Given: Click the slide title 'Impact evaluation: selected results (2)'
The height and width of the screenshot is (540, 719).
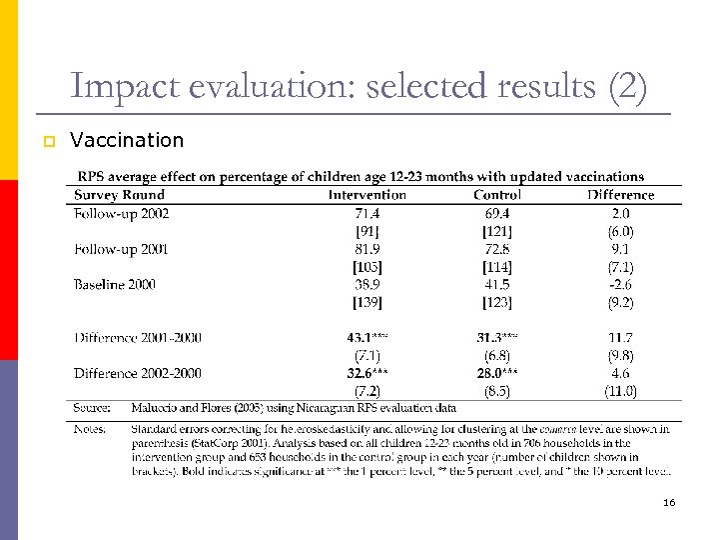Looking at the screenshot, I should click(359, 87).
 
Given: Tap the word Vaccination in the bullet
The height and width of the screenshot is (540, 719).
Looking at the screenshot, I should click(127, 140).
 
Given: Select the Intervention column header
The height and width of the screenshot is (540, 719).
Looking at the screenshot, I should click(367, 195).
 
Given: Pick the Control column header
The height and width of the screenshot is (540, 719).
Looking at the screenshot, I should click(496, 195).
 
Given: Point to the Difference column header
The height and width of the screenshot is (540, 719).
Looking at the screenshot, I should click(620, 195).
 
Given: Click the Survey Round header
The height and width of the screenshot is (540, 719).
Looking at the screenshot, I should click(119, 195).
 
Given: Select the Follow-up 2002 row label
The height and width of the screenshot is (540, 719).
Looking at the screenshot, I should click(121, 213).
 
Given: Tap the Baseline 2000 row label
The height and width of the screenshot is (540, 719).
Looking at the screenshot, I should click(114, 285).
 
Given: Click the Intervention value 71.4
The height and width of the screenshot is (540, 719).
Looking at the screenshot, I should click(367, 213).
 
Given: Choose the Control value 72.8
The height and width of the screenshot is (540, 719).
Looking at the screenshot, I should click(496, 249).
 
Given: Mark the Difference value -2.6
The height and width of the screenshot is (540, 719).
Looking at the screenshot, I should click(620, 285).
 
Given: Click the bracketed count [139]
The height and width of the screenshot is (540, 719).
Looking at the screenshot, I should click(367, 302).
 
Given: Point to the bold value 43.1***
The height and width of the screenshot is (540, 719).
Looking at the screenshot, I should click(367, 338).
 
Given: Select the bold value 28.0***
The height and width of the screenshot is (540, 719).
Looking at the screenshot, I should click(496, 373).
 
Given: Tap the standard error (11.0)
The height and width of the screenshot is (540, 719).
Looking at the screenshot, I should click(620, 391).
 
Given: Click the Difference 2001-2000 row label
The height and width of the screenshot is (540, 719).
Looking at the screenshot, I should click(137, 338).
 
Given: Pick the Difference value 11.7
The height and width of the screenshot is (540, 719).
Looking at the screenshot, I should click(620, 338).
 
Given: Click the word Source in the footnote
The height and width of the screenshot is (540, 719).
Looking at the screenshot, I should click(92, 408).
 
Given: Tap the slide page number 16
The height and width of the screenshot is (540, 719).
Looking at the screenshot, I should click(668, 502).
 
